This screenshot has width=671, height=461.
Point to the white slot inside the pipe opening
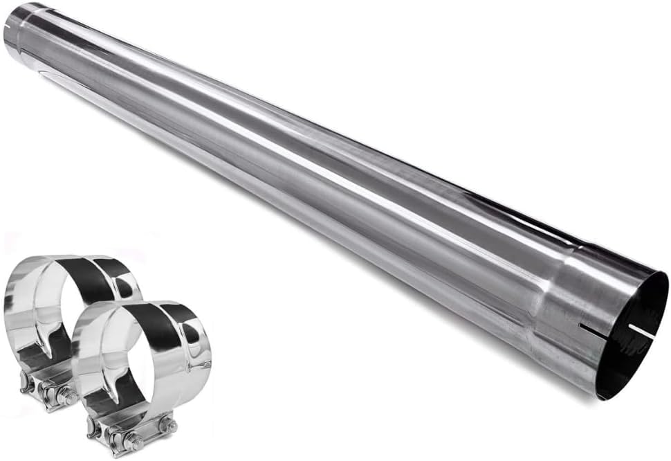pos(642,332)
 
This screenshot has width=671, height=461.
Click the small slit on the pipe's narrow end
pos(8,24)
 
